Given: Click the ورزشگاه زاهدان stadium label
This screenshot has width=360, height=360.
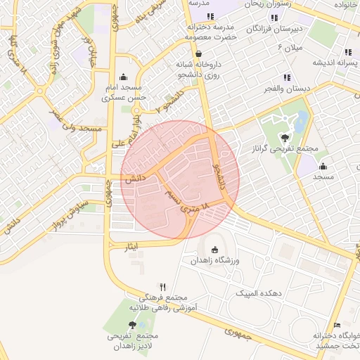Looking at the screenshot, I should coord(214,261).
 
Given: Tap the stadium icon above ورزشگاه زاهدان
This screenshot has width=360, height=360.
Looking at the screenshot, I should coord(214,250).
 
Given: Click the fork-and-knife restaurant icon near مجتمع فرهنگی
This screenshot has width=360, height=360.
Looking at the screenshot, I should coord(163,287).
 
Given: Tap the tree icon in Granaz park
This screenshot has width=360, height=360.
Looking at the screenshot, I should coord(285,138).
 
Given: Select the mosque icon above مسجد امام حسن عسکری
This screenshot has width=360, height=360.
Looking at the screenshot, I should coord(124,77).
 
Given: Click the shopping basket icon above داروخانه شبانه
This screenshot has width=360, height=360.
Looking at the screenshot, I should coord(199,53).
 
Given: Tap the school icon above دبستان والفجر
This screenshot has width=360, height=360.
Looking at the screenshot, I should coord(286,77).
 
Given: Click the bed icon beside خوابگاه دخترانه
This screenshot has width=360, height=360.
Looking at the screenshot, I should coord(337,324).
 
